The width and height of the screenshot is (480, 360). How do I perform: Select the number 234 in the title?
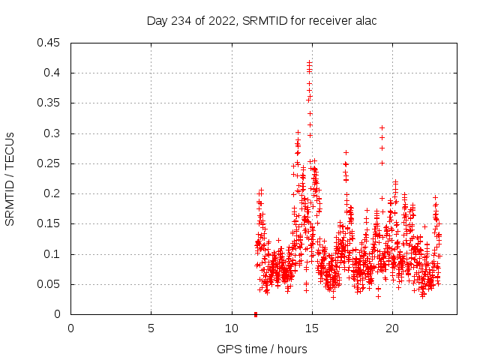click(180, 20)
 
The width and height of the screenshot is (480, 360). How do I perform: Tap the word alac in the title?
click(364, 20)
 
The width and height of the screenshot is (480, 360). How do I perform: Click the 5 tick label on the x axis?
click(151, 328)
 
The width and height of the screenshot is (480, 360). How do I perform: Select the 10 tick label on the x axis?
click(232, 328)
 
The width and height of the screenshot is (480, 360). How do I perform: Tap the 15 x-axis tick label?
click(312, 328)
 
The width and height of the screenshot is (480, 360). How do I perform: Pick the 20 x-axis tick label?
click(392, 328)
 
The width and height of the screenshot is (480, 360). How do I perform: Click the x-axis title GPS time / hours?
click(262, 349)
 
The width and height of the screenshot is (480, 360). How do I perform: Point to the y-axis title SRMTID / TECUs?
click(10, 178)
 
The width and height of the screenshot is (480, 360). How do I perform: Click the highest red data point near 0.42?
click(309, 62)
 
